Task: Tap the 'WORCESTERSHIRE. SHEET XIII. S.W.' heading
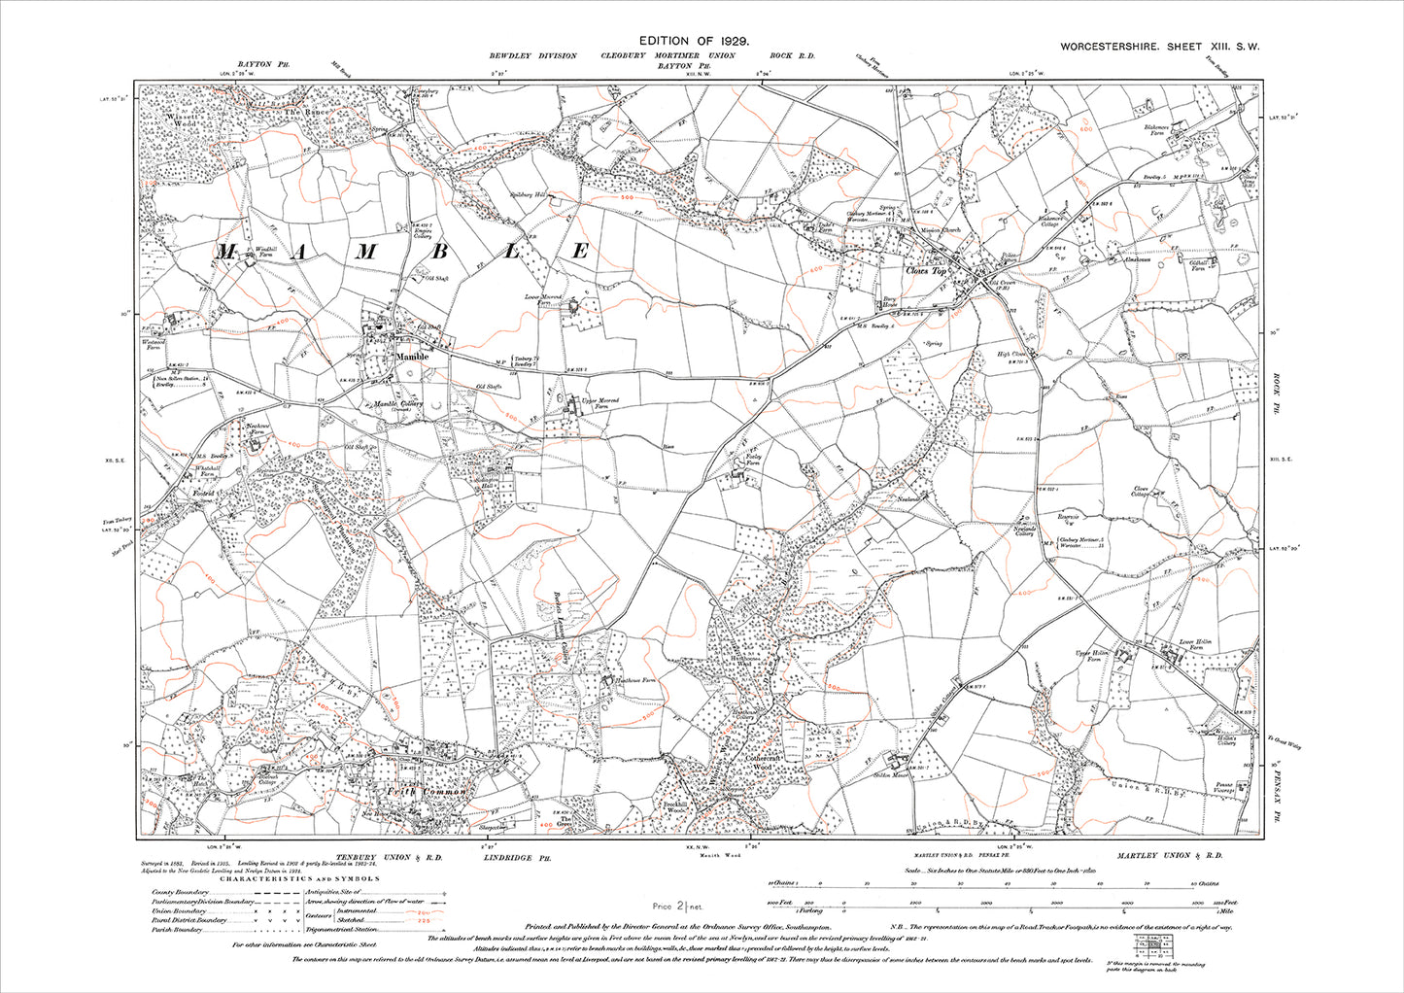point(1159,47)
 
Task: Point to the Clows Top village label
point(925,272)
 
